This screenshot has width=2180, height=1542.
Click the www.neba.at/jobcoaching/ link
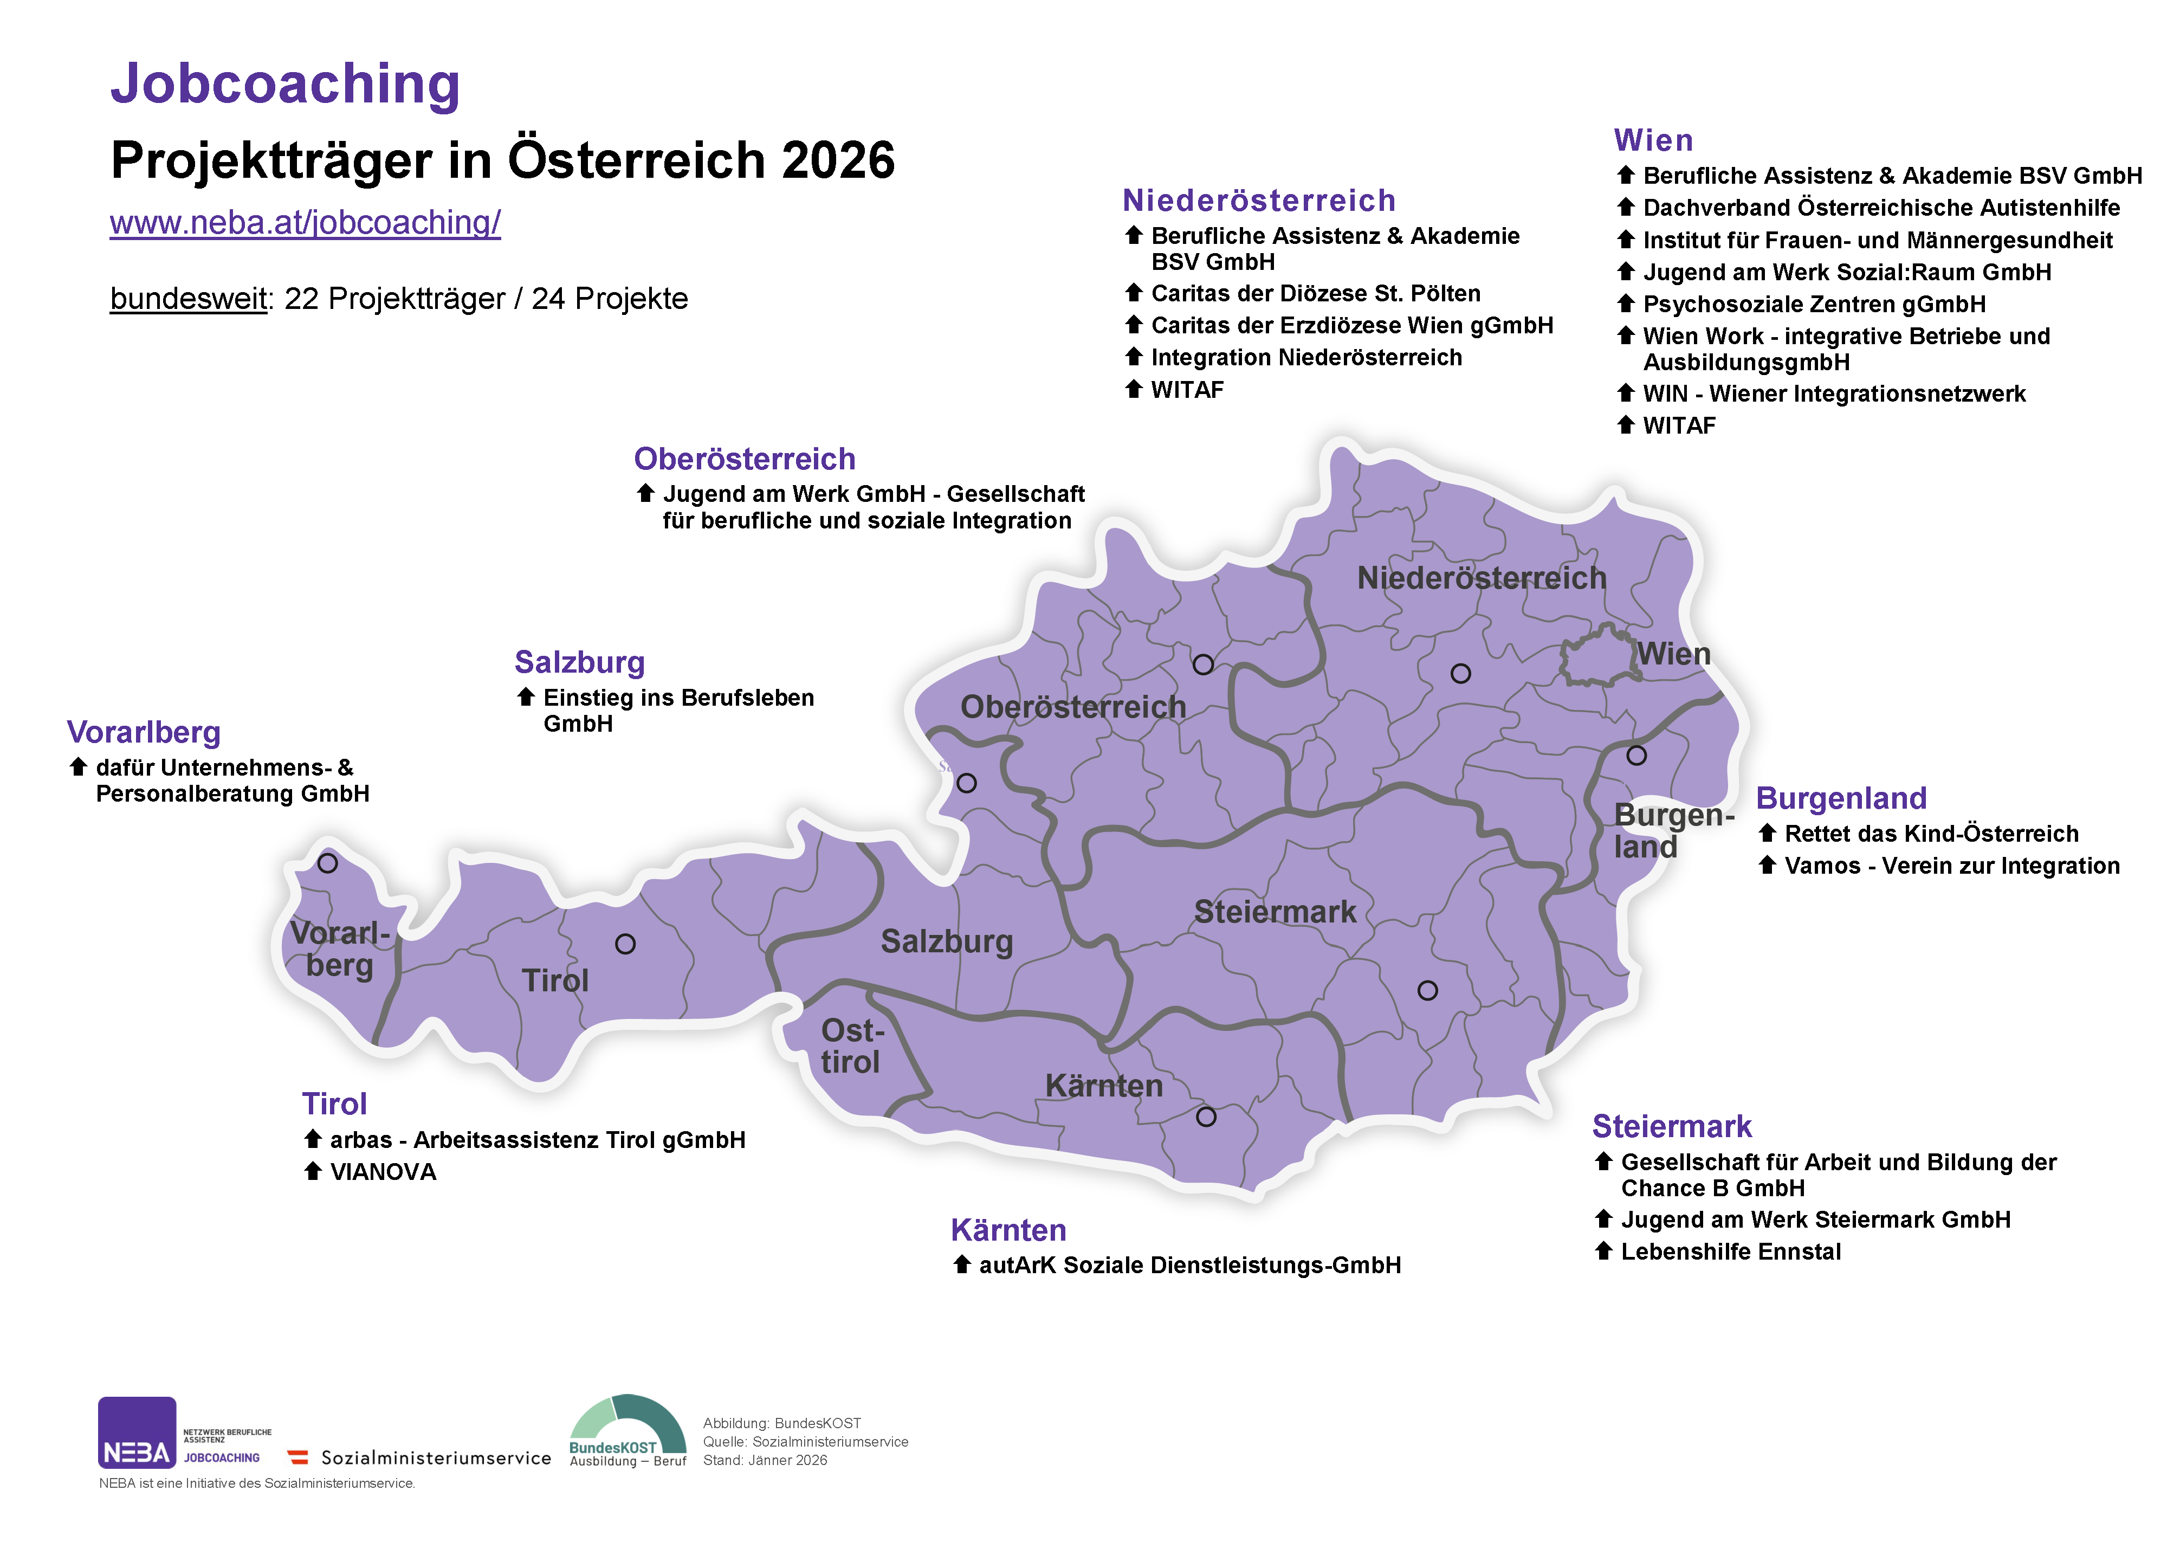(305, 222)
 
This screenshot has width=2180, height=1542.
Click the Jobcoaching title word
(285, 83)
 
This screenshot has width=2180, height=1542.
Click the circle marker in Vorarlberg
(328, 863)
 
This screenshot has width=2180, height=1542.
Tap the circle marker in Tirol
(625, 944)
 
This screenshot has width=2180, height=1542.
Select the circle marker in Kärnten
(1206, 1117)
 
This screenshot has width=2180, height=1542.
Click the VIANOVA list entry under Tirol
(383, 1172)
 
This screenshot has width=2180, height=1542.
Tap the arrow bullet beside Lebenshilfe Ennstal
(1603, 1250)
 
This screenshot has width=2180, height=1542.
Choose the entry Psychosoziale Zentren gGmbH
(1814, 304)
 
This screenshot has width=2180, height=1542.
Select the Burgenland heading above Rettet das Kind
(1840, 798)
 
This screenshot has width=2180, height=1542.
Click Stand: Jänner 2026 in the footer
(765, 1460)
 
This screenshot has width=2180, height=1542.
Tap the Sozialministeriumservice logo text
(436, 1457)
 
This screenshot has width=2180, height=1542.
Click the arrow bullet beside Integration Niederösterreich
(1134, 357)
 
